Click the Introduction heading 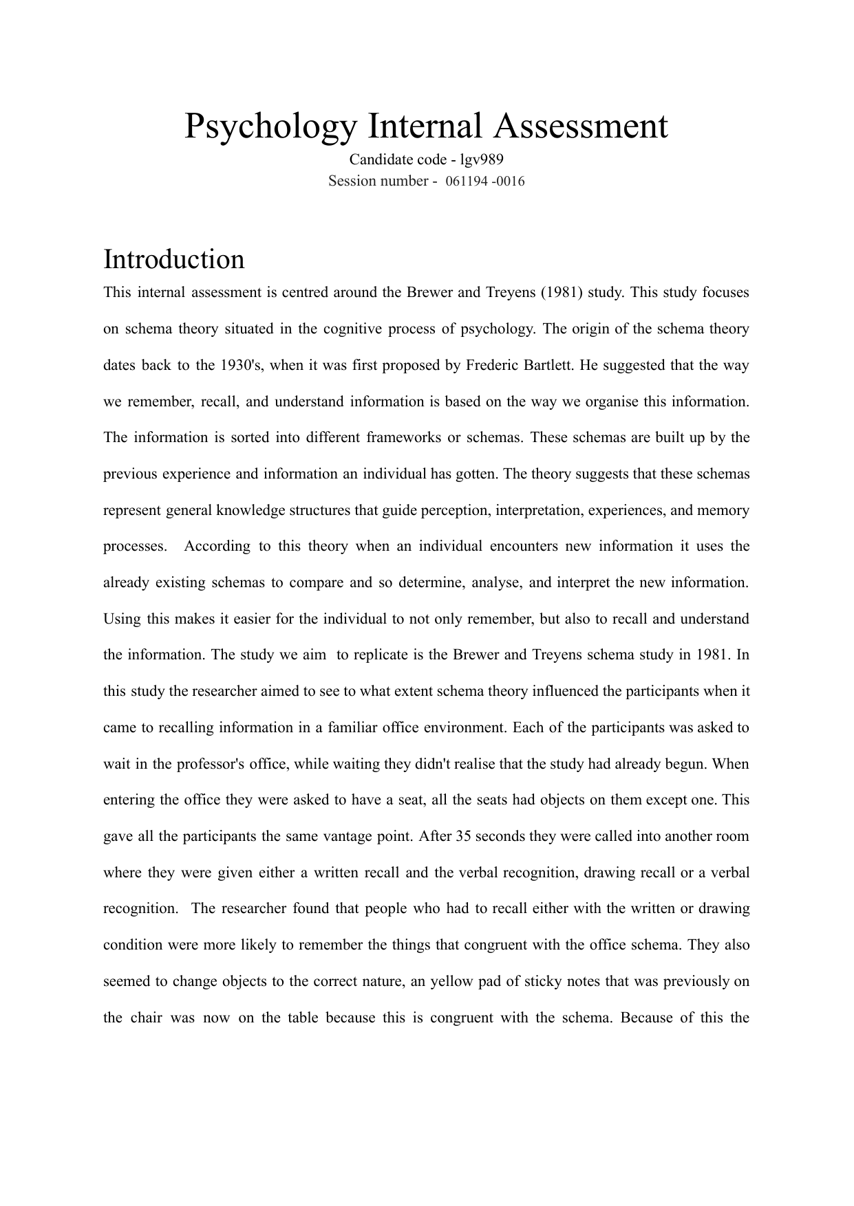pos(173,260)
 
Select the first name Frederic pos(494,365)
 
